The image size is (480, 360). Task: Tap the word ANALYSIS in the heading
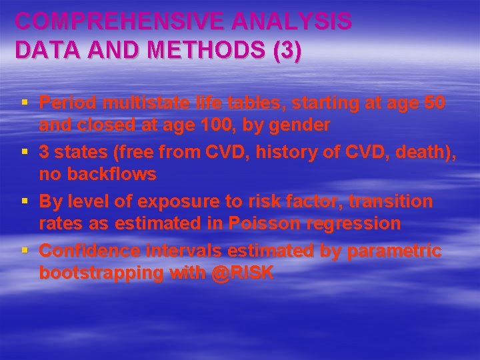294,22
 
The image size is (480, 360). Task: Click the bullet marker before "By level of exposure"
24,201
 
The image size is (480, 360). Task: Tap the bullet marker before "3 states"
24,151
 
